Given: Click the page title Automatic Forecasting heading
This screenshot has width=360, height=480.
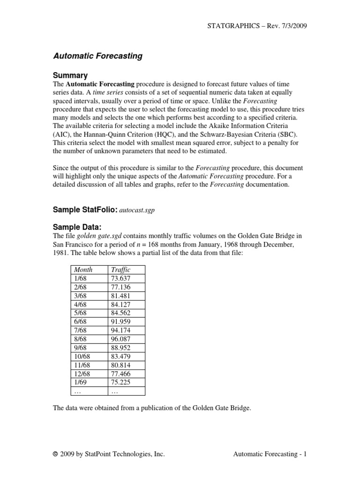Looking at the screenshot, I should pos(98,56).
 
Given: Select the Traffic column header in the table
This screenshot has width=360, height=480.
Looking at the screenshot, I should pos(120,270).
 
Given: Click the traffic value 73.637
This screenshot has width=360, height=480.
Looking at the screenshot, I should pos(121,278).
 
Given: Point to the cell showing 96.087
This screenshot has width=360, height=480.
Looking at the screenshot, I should pos(121,339).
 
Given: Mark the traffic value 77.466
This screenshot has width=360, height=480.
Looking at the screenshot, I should pos(121,374).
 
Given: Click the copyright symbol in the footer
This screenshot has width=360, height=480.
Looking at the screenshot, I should pos(56,454).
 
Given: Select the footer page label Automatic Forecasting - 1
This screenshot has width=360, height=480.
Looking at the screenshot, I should pos(270,454).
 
